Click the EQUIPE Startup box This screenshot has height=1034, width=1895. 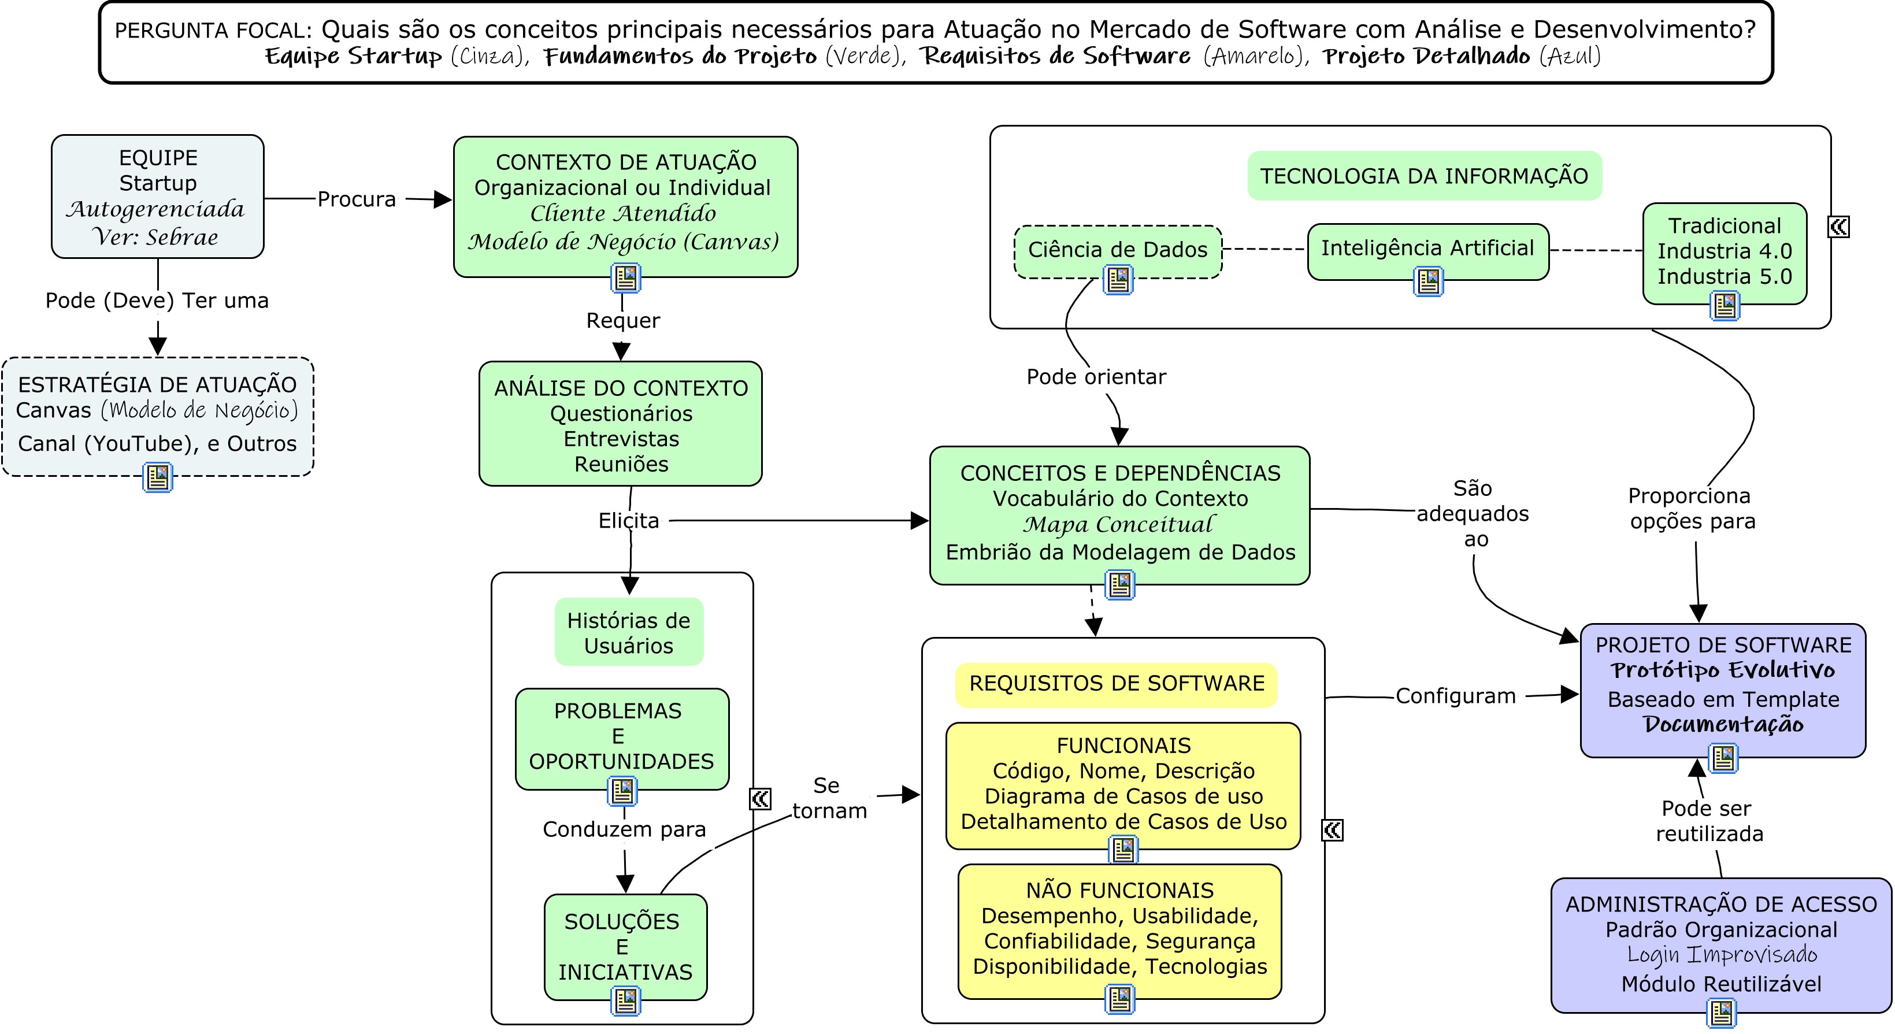[x=157, y=196]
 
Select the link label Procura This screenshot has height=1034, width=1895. [x=357, y=199]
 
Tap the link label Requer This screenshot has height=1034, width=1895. [x=622, y=320]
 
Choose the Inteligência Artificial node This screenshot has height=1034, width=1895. [x=1427, y=249]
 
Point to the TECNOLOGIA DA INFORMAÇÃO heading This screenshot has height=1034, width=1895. [x=1423, y=176]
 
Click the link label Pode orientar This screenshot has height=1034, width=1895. [x=1096, y=377]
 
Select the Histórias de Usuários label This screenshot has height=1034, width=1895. [x=628, y=633]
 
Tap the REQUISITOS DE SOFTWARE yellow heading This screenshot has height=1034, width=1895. [x=1116, y=684]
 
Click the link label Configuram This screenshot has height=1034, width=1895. [x=1455, y=696]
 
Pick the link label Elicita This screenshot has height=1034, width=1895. [x=628, y=521]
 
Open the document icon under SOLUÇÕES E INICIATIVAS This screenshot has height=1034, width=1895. [x=625, y=1001]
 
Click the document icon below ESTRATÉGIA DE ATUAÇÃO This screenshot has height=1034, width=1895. [x=157, y=477]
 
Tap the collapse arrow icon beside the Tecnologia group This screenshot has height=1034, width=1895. [x=1838, y=227]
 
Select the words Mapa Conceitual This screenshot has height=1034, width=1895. [x=1118, y=525]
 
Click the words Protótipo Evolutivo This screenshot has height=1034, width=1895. [x=1722, y=670]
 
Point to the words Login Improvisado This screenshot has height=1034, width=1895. [x=1722, y=955]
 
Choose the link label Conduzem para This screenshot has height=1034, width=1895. [x=624, y=829]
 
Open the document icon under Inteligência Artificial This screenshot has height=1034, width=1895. [x=1429, y=281]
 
